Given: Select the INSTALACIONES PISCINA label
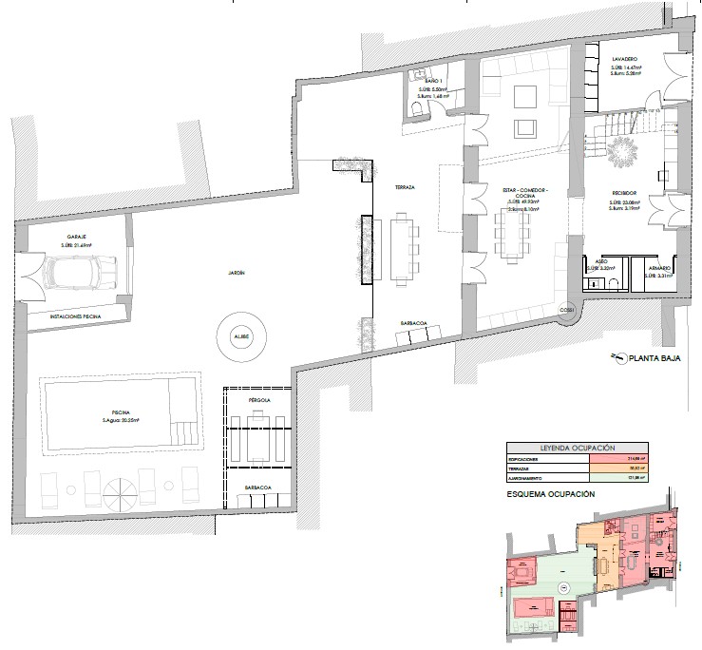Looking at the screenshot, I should [67, 315].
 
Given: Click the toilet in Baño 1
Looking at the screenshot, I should [416, 112].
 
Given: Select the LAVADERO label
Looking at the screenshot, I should [624, 59].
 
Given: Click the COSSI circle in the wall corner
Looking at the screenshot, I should [568, 310].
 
